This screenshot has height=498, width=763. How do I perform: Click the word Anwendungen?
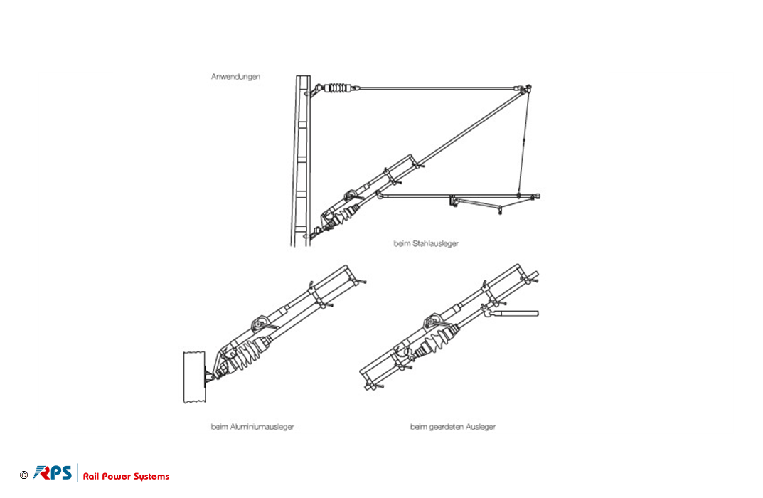[235, 76]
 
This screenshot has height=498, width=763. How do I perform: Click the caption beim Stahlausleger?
[426, 243]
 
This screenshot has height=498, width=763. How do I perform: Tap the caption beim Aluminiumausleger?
[252, 426]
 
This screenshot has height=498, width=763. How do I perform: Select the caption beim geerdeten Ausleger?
[452, 426]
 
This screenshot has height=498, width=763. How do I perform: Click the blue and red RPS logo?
[53, 472]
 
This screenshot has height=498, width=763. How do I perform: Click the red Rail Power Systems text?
[126, 476]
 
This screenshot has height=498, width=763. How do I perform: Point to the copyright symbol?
[24, 475]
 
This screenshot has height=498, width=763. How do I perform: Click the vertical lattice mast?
[301, 161]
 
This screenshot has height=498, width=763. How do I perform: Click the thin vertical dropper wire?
[523, 142]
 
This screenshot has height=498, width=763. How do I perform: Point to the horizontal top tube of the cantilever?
[437, 89]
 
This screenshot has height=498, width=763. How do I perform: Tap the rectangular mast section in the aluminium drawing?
[194, 377]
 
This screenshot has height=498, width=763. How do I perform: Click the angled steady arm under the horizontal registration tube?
[477, 203]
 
